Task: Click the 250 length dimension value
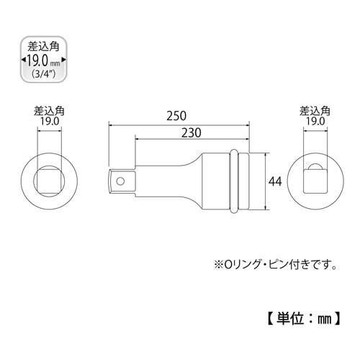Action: [x=179, y=116]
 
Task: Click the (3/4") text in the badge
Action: [x=40, y=73]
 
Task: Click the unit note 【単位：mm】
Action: [x=297, y=317]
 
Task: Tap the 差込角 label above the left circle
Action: [x=48, y=112]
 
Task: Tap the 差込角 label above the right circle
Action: [x=314, y=112]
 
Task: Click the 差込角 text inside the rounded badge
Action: [x=40, y=46]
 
